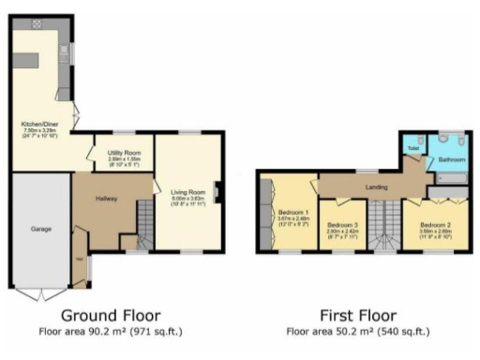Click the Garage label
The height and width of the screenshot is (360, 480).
(x=39, y=228)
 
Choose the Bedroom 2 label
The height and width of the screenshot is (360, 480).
(x=435, y=225)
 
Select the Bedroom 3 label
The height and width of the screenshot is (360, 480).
(x=343, y=225)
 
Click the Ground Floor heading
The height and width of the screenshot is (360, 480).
(x=111, y=315)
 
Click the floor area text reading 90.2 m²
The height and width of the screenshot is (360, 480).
(x=111, y=332)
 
